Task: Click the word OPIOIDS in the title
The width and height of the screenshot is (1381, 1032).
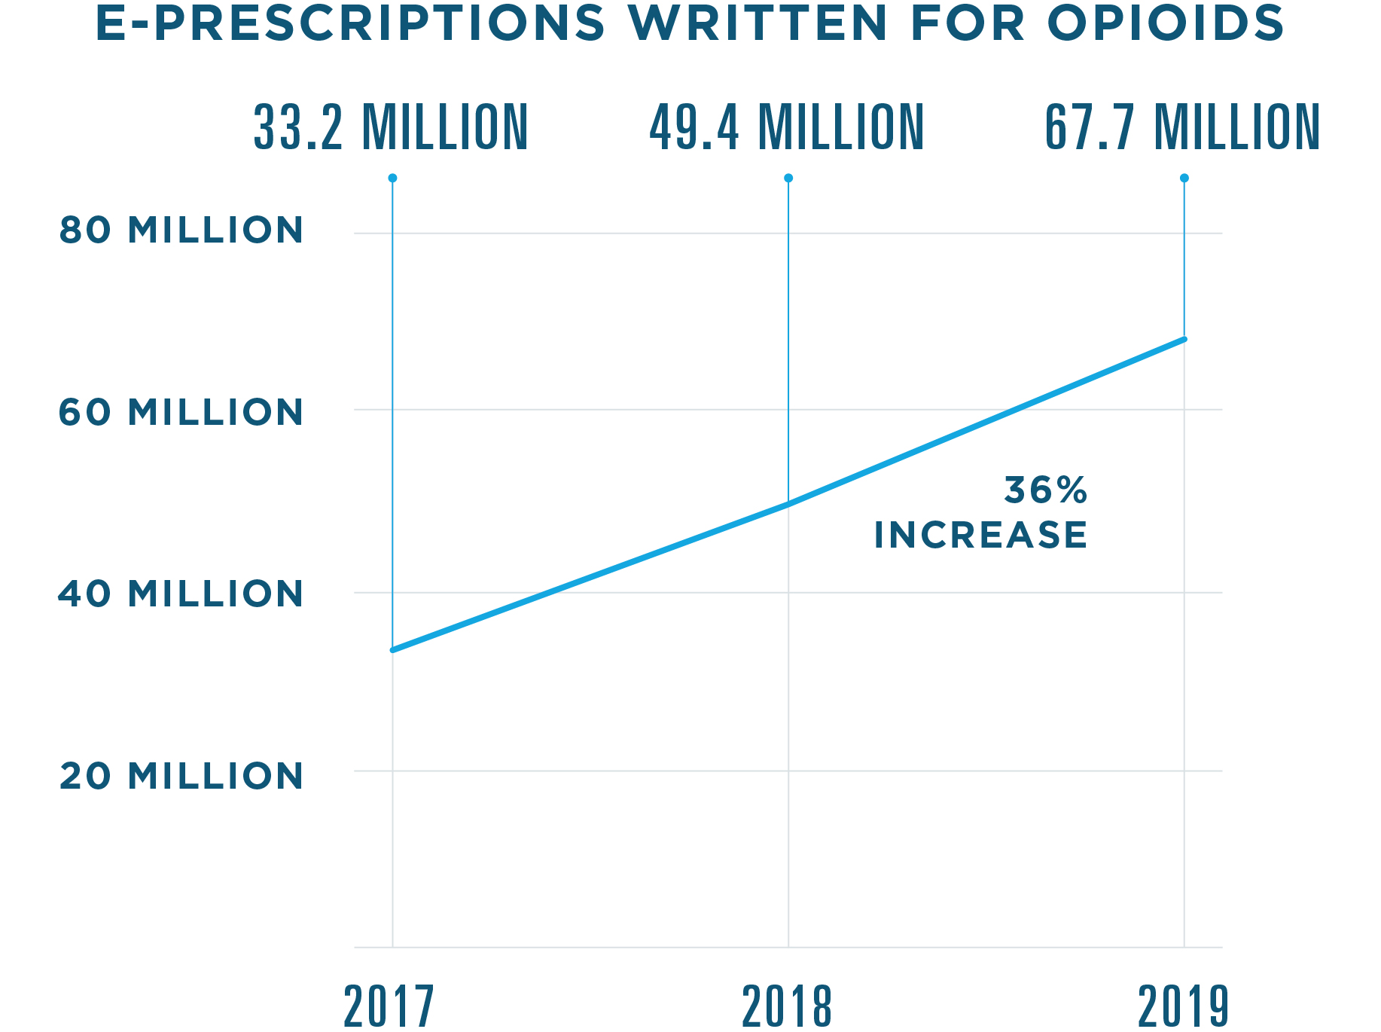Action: (1165, 23)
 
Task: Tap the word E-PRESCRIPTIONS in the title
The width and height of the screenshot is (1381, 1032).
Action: (350, 23)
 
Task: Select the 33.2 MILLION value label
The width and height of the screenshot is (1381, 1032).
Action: (391, 128)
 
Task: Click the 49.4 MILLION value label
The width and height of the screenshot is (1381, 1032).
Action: (787, 128)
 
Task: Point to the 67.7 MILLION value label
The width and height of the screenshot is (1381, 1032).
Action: (1183, 128)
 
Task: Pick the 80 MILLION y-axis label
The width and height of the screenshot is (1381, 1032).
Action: (181, 231)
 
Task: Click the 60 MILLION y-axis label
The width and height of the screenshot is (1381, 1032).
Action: (181, 413)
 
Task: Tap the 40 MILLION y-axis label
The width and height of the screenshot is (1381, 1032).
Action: (181, 594)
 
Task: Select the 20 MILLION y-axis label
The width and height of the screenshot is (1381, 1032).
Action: (181, 777)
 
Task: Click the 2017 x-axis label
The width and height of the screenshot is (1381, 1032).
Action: (389, 1006)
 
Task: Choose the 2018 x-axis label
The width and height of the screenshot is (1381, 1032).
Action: (787, 1006)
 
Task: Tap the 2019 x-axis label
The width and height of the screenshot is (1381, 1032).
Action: (1183, 1006)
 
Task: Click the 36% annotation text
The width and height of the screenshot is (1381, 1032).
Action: (1046, 491)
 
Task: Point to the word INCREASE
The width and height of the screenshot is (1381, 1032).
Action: (980, 536)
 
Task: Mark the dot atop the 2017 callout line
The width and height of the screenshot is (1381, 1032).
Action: (392, 179)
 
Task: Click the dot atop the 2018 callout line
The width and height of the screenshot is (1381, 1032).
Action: (788, 179)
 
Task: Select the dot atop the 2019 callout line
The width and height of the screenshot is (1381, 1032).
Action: (1184, 179)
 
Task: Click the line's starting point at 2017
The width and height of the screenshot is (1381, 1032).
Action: (393, 649)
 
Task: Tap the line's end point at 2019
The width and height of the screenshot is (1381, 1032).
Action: (1184, 340)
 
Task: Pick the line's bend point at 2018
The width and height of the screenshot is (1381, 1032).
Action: (788, 505)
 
